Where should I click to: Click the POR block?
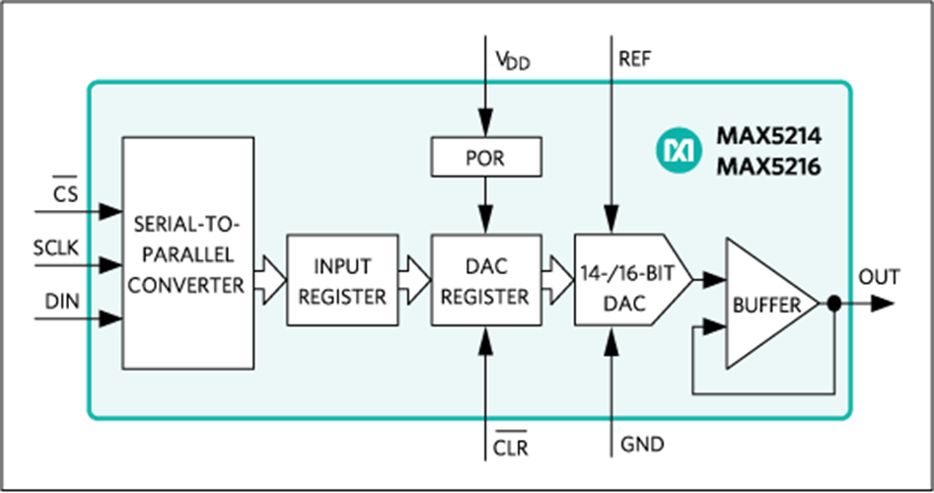coord(486,158)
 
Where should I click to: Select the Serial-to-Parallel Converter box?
coord(186,253)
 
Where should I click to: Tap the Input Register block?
coord(342,280)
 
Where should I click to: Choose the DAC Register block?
coord(486,280)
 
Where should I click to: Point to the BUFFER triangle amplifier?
coord(765,304)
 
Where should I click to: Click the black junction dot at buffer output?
coord(833,304)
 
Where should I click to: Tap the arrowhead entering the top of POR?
coord(486,129)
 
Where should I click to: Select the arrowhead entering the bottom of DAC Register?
coord(486,337)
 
